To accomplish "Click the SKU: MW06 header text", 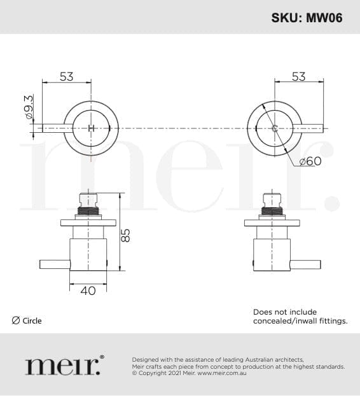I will point(307,18).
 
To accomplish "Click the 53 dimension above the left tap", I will point(67,77).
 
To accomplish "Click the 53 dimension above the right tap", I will point(298,77).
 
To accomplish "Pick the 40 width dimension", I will point(88,290).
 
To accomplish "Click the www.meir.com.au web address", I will point(221,373).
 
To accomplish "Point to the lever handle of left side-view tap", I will point(54,263).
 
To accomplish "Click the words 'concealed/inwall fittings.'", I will point(300,321).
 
